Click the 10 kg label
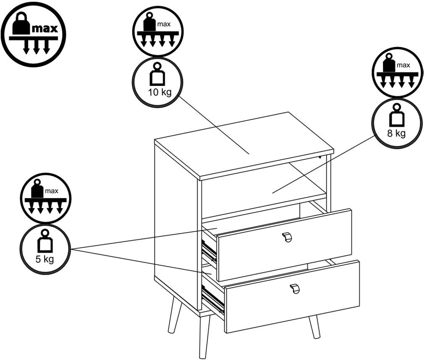point(160,92)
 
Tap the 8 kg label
point(396,134)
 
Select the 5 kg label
point(45,259)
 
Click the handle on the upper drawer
point(287,237)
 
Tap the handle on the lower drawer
point(295,289)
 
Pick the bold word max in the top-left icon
point(45,29)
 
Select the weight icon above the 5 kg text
point(45,242)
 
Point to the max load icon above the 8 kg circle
point(397,72)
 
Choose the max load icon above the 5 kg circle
point(45,198)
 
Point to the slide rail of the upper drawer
point(209,250)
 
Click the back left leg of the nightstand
point(174,315)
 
